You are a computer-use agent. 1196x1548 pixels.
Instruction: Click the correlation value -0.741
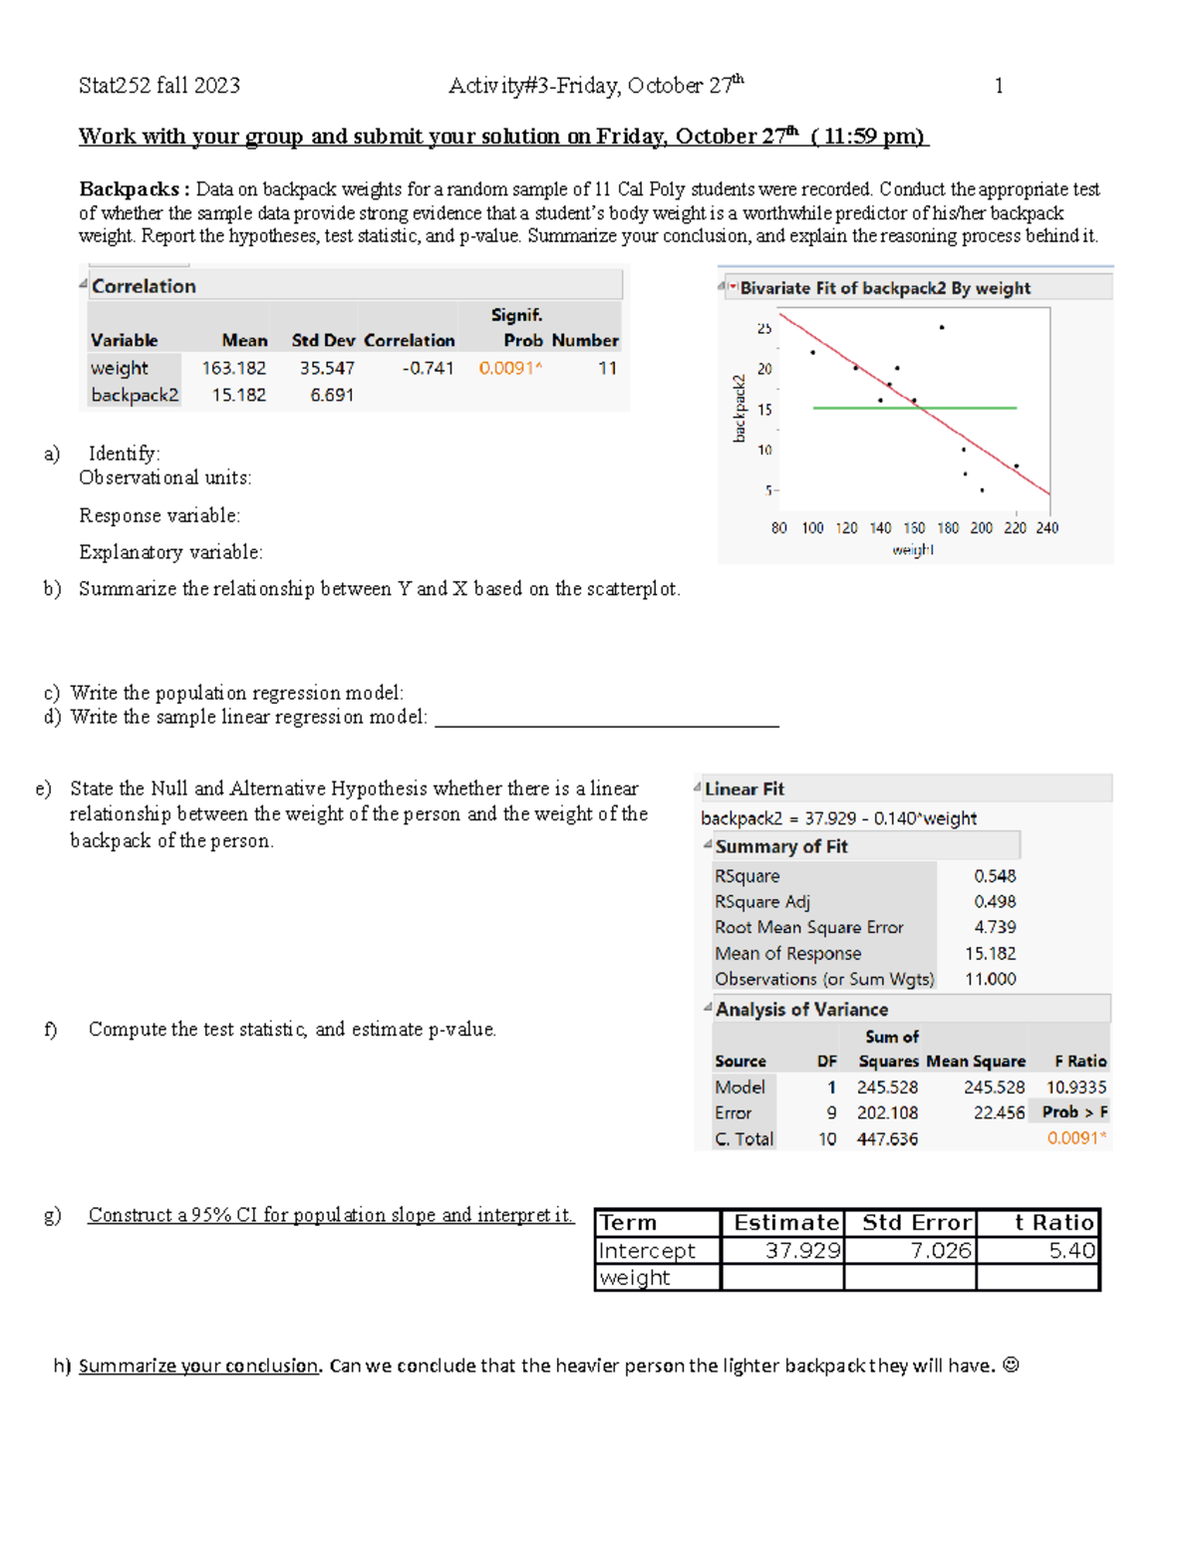[429, 368]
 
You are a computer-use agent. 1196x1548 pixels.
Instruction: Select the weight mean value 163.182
[234, 368]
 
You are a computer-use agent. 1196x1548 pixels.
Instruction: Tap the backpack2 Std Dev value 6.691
[332, 395]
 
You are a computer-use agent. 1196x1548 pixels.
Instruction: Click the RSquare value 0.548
[995, 875]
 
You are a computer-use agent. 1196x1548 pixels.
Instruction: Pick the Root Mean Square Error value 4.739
[995, 927]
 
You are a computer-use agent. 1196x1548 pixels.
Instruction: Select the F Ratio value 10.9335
[1076, 1087]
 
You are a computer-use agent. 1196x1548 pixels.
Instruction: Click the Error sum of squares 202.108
[887, 1112]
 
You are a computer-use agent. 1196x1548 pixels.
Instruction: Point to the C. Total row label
[744, 1138]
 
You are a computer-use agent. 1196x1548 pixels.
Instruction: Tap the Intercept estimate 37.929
[803, 1250]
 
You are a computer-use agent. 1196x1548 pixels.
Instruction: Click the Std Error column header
[916, 1222]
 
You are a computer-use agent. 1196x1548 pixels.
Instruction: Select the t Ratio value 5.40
[1071, 1250]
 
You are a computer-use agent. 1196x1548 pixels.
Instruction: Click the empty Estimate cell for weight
[782, 1277]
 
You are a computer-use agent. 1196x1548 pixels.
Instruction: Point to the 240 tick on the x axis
[1047, 528]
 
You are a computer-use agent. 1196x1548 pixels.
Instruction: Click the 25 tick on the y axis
[764, 328]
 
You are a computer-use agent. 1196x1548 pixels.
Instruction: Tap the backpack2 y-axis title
[739, 409]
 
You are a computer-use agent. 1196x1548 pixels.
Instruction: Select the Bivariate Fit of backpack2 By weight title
[885, 288]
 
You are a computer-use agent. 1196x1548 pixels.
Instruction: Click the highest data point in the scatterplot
[942, 327]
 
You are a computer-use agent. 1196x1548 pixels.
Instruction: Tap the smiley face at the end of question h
[1011, 1366]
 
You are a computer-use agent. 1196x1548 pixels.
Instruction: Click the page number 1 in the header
[999, 86]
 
